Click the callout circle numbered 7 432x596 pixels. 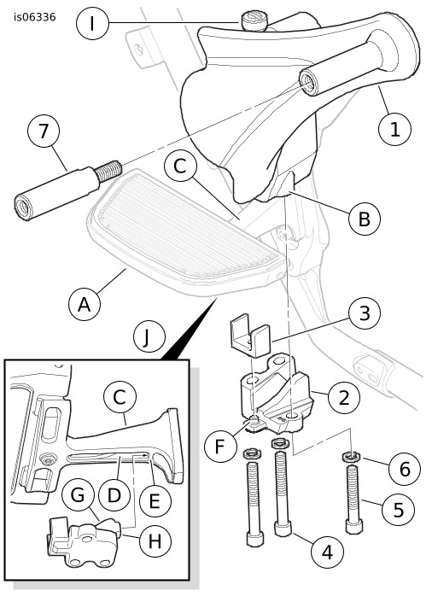tap(44, 131)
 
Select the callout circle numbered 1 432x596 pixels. tap(394, 129)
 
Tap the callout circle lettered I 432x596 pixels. tap(92, 24)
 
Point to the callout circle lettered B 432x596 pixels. tap(365, 219)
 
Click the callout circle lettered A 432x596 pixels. tap(85, 305)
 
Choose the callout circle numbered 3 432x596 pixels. tap(365, 313)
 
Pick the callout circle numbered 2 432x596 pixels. tap(344, 398)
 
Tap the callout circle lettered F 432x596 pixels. tap(220, 446)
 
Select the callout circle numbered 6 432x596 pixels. tap(405, 469)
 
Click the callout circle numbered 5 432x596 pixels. tap(398, 509)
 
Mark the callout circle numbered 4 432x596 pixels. tap(327, 551)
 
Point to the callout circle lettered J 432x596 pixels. tap(149, 337)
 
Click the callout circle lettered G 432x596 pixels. tap(79, 495)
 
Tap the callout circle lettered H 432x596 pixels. tap(155, 540)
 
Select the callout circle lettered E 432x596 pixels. tap(155, 500)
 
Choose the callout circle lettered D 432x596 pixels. tap(114, 495)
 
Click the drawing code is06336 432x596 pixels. tap(34, 17)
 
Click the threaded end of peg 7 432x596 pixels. tap(108, 172)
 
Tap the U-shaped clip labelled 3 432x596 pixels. tap(249, 336)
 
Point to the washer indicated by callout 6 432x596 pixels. tap(353, 456)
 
